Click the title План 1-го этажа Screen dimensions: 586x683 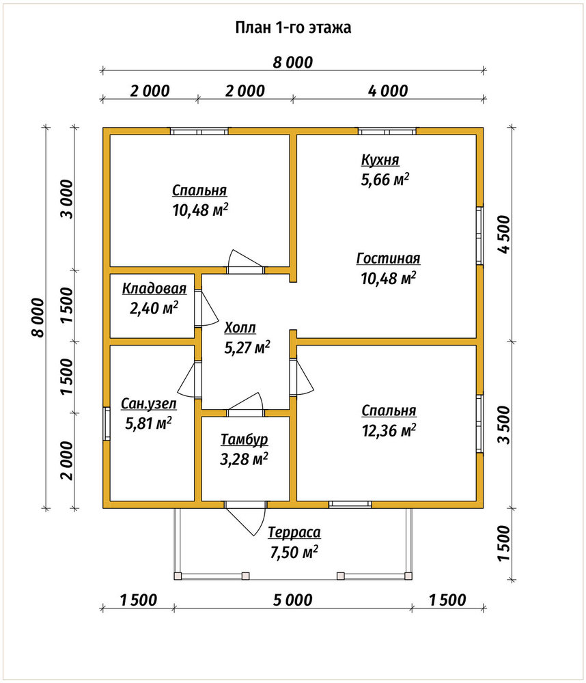click(293, 27)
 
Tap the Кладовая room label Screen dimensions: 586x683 click(154, 288)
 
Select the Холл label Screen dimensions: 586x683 click(240, 328)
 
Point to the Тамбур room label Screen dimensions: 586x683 click(244, 439)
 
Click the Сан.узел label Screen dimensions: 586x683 click(149, 404)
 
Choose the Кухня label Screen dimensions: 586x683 click(380, 161)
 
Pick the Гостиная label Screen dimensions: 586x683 click(388, 258)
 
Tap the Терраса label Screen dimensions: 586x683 click(294, 532)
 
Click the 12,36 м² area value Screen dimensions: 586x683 click(389, 430)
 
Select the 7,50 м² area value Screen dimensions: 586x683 click(294, 553)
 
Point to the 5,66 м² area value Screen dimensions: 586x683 click(385, 180)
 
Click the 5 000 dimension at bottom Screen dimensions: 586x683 click(293, 600)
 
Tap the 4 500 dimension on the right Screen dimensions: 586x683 click(503, 234)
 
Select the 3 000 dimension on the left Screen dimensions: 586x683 click(68, 199)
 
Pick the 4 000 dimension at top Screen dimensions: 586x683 click(388, 91)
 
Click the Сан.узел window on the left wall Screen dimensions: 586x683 click(107, 423)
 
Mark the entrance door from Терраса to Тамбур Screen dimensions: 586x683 click(245, 516)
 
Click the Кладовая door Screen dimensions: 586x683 click(206, 307)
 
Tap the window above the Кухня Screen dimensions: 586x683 click(387, 131)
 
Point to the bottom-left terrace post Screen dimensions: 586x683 click(178, 576)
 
